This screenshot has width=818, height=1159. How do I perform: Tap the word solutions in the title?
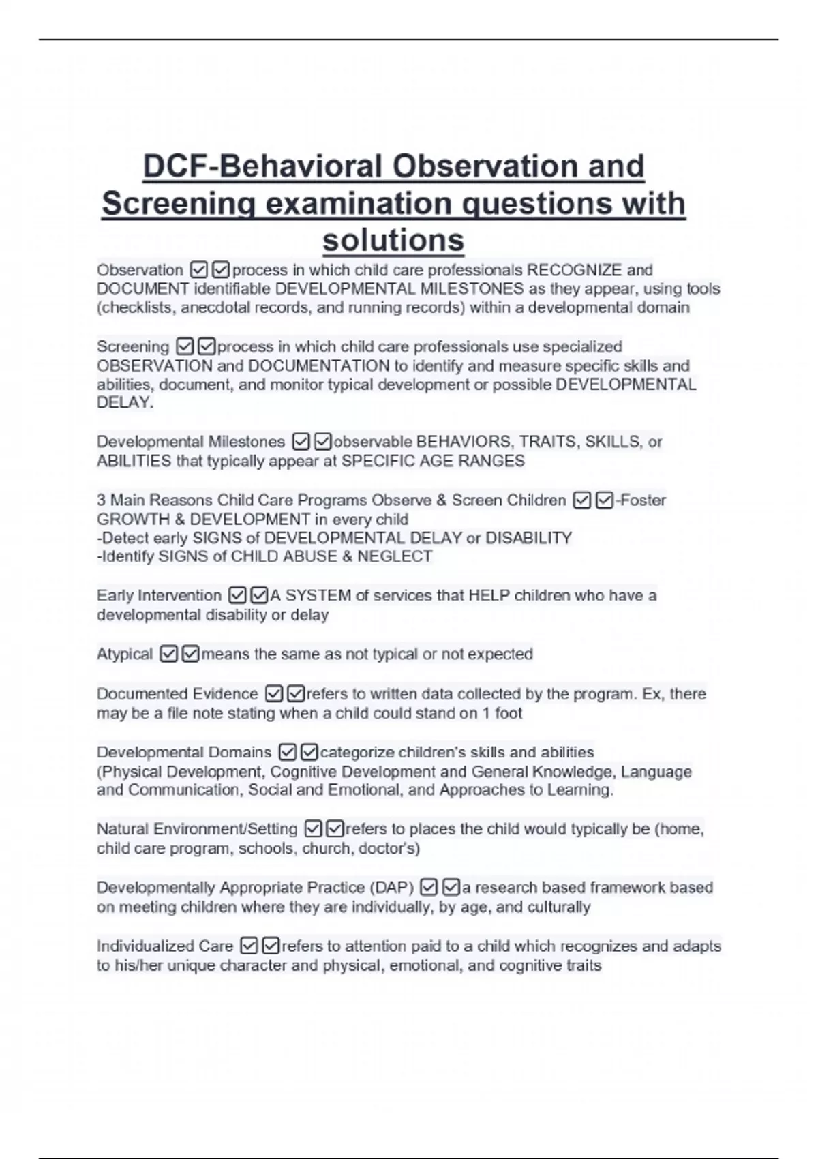coord(393,240)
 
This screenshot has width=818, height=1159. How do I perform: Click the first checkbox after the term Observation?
coord(199,271)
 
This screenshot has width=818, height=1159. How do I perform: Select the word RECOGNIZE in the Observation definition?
coord(575,270)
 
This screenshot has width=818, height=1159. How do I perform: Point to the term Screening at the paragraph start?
coord(133,346)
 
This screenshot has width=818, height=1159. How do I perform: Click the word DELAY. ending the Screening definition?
coord(125,402)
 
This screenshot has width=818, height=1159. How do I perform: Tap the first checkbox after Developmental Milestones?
coord(301,442)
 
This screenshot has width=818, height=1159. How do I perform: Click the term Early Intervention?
coord(159,595)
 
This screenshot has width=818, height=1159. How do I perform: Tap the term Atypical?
coord(125,654)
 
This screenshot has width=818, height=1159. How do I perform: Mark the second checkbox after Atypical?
coord(191,654)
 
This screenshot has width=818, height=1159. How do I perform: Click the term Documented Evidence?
coord(177,694)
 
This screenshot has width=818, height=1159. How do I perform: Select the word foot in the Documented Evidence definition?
coord(509,713)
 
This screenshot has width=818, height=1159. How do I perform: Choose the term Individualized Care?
coord(165,946)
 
